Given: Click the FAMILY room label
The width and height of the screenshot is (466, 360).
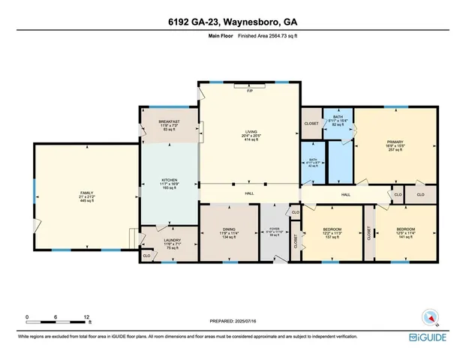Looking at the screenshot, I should pos(86,193).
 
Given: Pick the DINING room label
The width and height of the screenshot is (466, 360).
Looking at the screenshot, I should pos(229,229).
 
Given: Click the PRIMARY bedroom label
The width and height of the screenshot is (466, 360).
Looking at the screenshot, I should pos(395,142).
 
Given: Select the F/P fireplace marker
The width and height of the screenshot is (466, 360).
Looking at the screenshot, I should pos(249,90).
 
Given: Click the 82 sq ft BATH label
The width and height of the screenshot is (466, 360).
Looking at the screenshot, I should pos(338,117).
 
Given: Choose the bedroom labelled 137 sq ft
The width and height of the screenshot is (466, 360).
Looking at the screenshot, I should pos(332,229).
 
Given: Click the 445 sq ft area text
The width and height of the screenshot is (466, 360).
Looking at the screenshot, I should pos(86,202).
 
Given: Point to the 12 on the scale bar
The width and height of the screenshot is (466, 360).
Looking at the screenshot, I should pos(88,317).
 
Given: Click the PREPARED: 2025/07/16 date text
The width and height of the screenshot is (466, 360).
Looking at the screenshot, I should pos(233,321).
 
